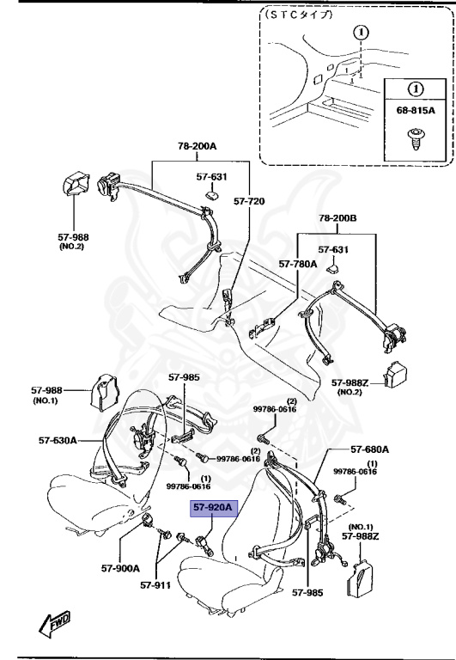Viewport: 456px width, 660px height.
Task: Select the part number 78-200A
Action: (x=198, y=147)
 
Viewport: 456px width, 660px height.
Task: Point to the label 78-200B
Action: (x=337, y=218)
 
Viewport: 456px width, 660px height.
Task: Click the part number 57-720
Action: (x=250, y=202)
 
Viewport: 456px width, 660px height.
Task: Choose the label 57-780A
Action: (x=297, y=266)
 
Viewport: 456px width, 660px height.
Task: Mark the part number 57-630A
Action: (x=58, y=440)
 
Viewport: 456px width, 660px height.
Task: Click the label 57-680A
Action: (x=370, y=449)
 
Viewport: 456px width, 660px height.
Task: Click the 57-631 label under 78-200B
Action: (x=332, y=250)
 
